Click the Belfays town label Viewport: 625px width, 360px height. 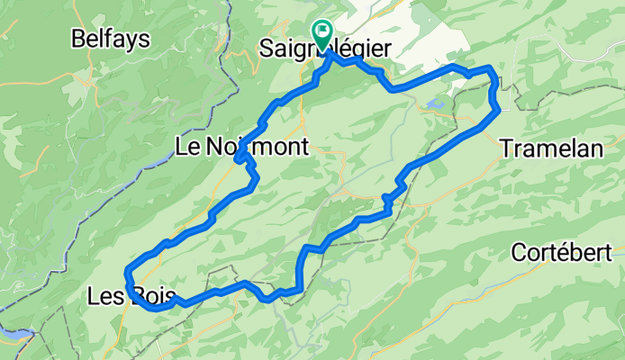[112, 39]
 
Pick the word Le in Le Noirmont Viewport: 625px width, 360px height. [186, 146]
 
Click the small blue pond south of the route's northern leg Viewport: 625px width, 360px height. [435, 105]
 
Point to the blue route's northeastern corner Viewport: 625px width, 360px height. [491, 68]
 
